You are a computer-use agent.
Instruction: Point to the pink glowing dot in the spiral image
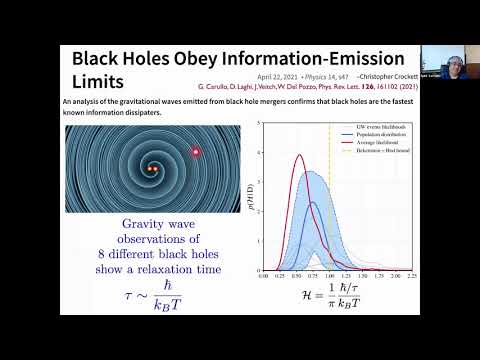[x=196, y=151]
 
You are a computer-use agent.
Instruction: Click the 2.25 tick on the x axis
[x=412, y=272]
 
